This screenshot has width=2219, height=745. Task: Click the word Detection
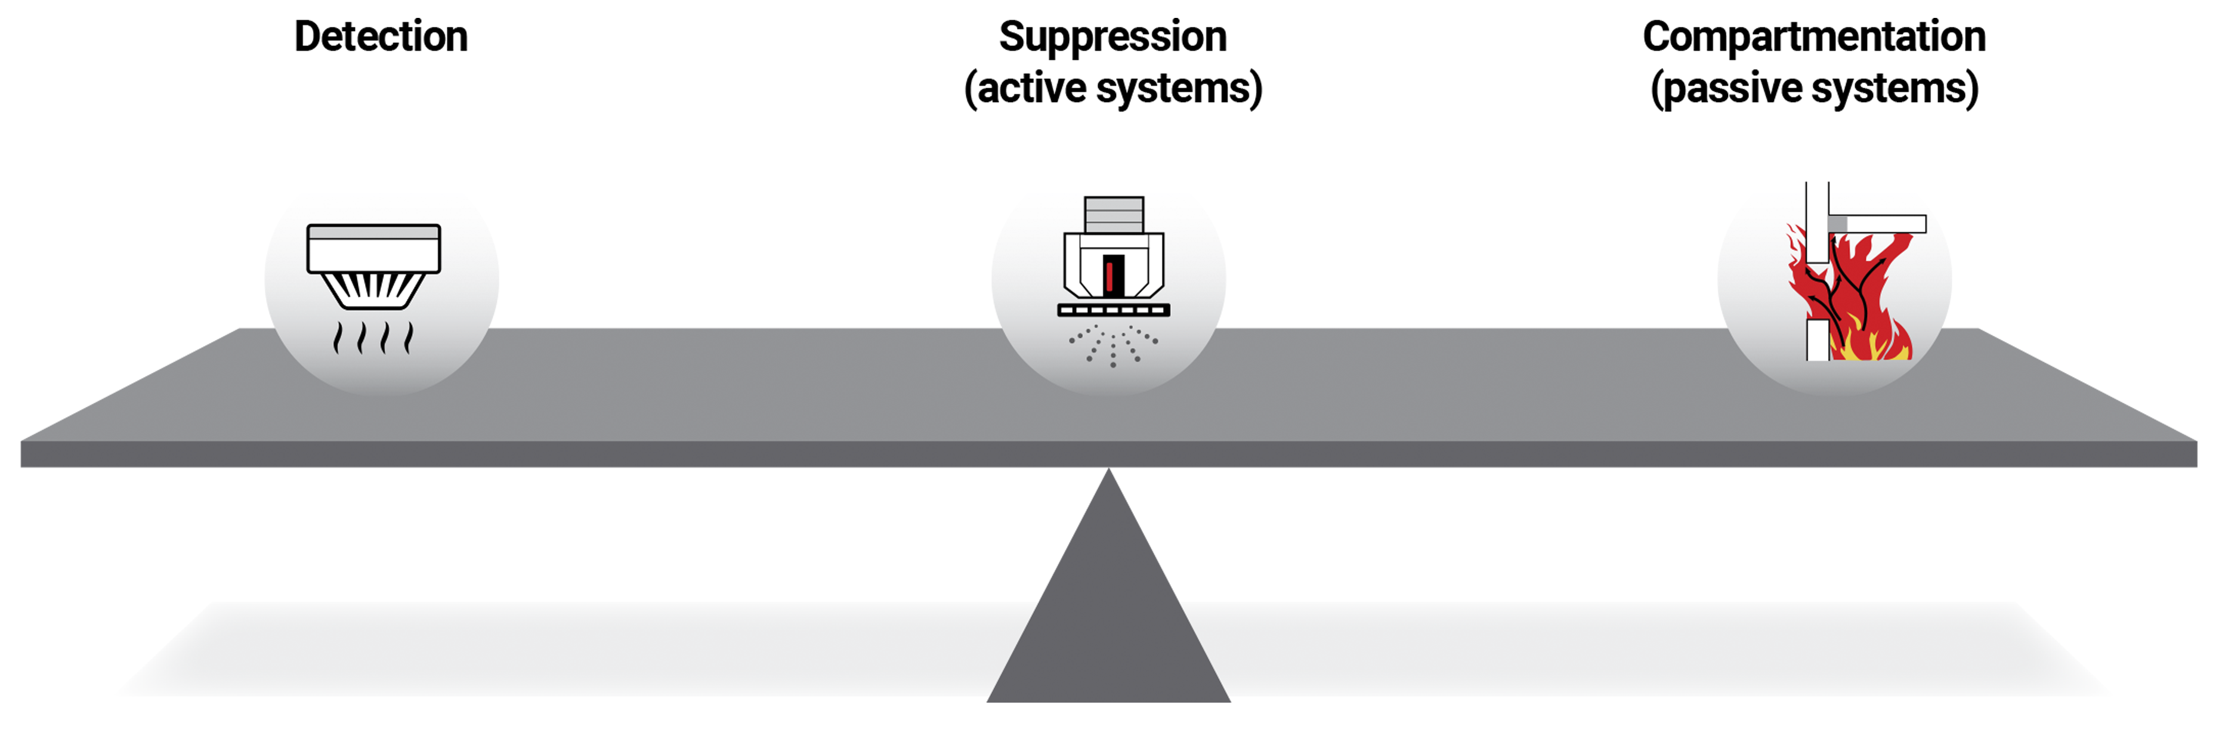click(x=381, y=37)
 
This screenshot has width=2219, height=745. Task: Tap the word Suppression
click(x=1112, y=37)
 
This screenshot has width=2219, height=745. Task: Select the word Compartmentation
click(x=1814, y=37)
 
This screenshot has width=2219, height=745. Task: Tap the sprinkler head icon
click(x=1113, y=258)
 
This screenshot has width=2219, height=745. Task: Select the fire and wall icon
click(x=1852, y=284)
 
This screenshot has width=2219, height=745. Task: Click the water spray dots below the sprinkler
click(x=1113, y=345)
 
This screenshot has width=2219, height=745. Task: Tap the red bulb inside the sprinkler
click(x=1109, y=276)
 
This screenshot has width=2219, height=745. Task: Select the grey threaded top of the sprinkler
click(x=1114, y=214)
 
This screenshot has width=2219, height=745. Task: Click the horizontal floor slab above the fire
click(x=1878, y=224)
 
